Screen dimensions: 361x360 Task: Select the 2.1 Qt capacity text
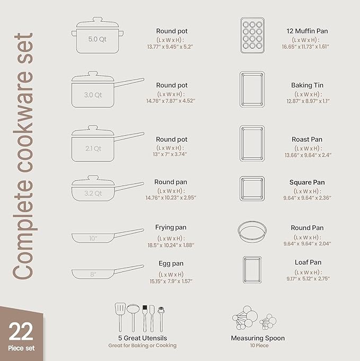click(x=93, y=148)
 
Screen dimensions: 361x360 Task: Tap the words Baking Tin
click(x=307, y=85)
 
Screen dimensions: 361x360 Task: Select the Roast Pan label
click(x=307, y=139)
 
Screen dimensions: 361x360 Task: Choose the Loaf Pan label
click(x=308, y=262)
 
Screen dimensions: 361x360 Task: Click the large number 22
click(x=21, y=331)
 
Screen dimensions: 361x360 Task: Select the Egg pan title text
click(x=171, y=263)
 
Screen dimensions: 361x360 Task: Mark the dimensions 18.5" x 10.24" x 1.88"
click(x=171, y=245)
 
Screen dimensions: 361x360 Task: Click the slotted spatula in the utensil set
click(x=120, y=316)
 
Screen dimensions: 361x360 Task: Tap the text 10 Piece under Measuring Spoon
click(x=258, y=346)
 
